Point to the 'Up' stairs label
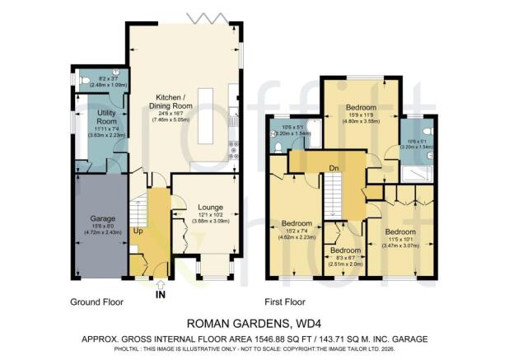click(x=138, y=232)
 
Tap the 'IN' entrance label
click(x=160, y=293)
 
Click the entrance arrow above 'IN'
click(x=160, y=283)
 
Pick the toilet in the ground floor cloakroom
click(x=84, y=81)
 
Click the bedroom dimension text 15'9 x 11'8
click(x=360, y=117)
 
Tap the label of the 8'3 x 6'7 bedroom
click(x=345, y=250)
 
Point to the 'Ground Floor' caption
click(x=96, y=302)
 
